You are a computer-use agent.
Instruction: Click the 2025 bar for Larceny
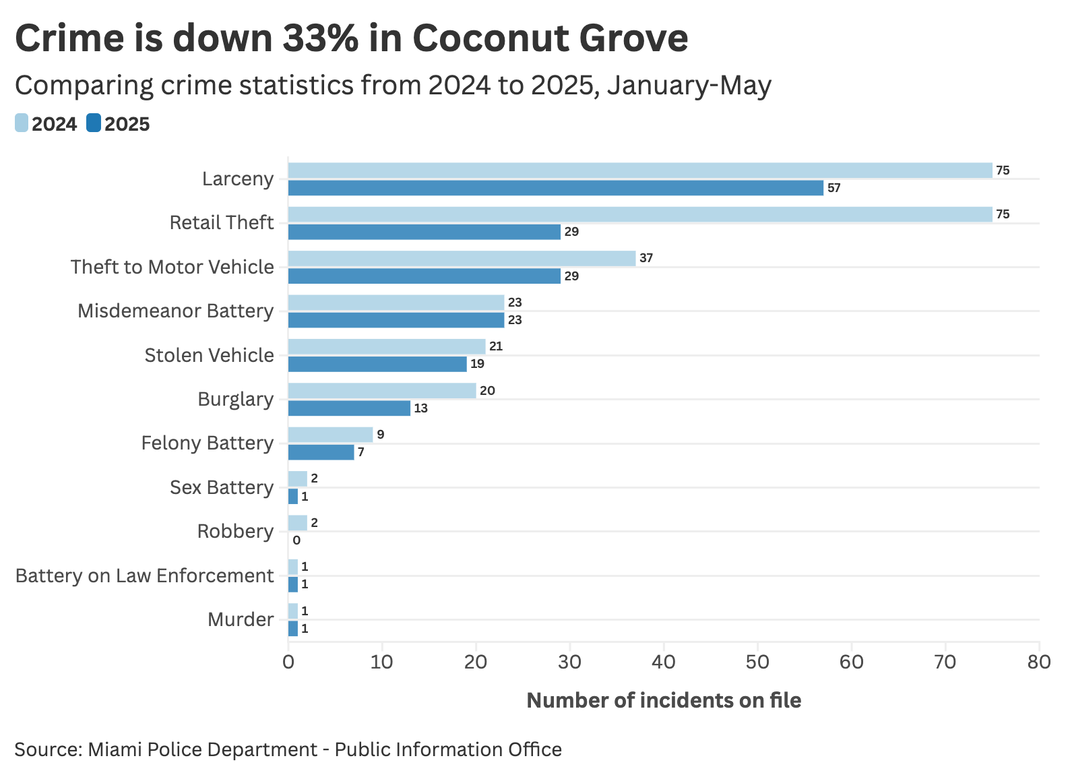pos(555,188)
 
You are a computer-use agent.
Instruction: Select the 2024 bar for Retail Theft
pos(640,214)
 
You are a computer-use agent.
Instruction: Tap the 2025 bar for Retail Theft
pos(424,232)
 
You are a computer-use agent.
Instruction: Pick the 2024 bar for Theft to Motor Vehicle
pos(462,258)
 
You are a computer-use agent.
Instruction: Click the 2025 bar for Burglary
pos(349,408)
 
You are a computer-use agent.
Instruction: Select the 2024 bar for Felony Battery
pos(330,435)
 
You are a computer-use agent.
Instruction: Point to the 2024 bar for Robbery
pos(297,523)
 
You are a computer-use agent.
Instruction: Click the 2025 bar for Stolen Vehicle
pos(377,364)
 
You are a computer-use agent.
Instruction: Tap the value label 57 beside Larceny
pos(834,188)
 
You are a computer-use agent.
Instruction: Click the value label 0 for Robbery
pos(296,540)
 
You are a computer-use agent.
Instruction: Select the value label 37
pos(646,258)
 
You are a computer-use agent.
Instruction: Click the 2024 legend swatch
pos(22,123)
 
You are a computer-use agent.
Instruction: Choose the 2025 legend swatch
pos(94,123)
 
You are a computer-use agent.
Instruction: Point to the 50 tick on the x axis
pos(758,662)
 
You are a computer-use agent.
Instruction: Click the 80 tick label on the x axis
pos(1039,662)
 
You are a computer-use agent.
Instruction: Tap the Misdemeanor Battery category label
pos(176,311)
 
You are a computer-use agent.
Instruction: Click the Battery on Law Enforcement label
pos(144,576)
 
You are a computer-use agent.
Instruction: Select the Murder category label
pos(241,619)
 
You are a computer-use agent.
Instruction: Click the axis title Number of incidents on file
pos(664,700)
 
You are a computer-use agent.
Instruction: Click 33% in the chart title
pos(321,38)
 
